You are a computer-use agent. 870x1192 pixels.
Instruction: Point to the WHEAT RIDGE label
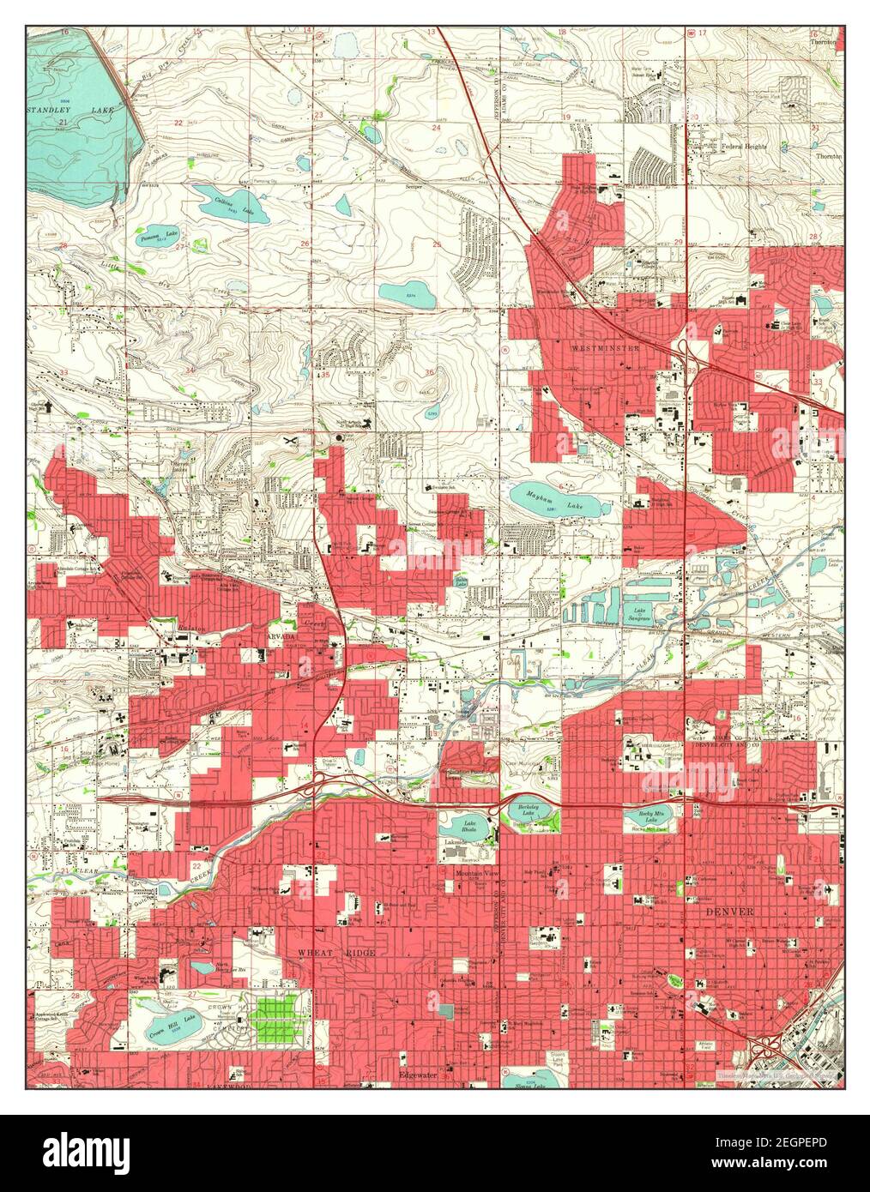pyautogui.click(x=335, y=953)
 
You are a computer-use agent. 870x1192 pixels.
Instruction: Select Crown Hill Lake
pyautogui.click(x=173, y=1025)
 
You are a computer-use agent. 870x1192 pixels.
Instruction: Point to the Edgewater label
pyautogui.click(x=418, y=1073)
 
